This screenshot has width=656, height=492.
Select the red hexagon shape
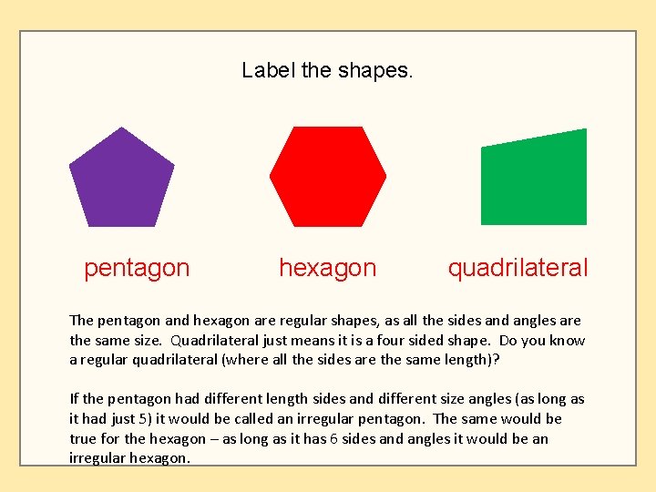click(x=328, y=177)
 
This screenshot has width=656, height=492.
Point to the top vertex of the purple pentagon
click(x=121, y=128)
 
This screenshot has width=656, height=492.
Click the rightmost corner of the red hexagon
click(x=386, y=176)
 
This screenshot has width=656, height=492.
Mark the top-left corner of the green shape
click(x=482, y=147)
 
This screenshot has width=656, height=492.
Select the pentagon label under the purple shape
click(x=137, y=268)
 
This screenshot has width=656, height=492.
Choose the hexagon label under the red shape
click(x=327, y=268)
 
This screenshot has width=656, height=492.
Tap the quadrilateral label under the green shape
click(x=518, y=268)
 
